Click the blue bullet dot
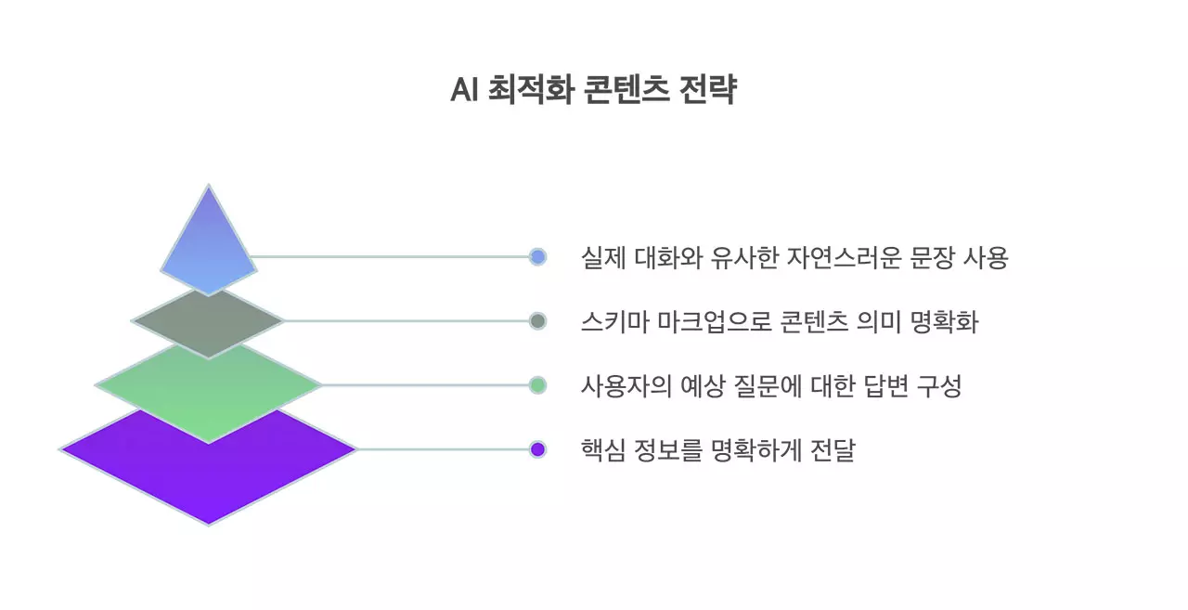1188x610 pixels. [537, 257]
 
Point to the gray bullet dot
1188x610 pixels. [537, 321]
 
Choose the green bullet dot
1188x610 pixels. [537, 385]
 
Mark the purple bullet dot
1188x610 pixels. [537, 449]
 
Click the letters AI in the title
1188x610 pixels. [463, 91]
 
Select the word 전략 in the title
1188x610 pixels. [709, 91]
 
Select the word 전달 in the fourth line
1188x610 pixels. [833, 450]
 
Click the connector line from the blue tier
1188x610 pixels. [390, 257]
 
